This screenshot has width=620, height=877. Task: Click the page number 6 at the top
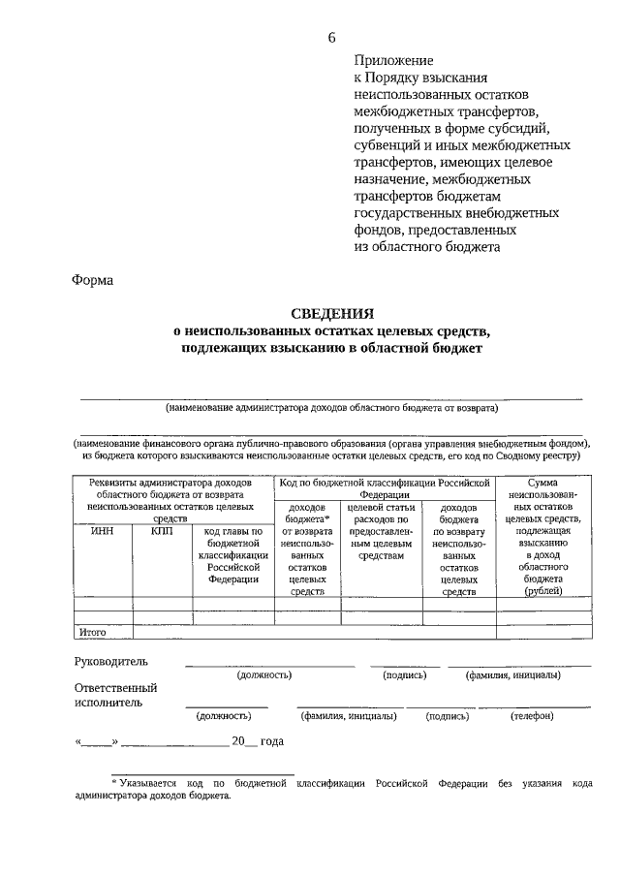pyautogui.click(x=331, y=37)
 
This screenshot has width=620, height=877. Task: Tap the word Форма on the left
pyautogui.click(x=92, y=281)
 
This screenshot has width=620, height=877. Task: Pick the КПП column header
pyautogui.click(x=162, y=530)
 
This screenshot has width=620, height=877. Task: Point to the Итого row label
pyautogui.click(x=92, y=632)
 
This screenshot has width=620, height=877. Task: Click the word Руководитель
pyautogui.click(x=110, y=661)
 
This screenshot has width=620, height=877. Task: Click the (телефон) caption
pyautogui.click(x=532, y=716)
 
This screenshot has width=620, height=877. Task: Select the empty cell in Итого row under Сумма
pyautogui.click(x=542, y=632)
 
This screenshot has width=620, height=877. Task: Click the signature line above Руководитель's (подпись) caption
pyautogui.click(x=405, y=666)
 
